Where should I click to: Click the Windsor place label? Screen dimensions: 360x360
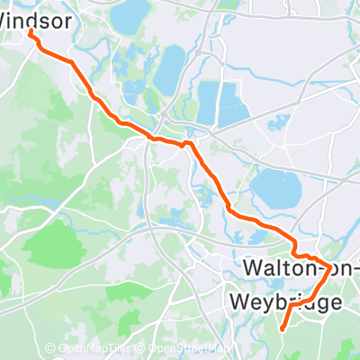(36, 17)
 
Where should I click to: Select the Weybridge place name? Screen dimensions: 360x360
(286, 301)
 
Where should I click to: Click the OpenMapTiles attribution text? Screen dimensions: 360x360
(103, 348)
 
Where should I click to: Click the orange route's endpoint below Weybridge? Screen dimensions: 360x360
(282, 329)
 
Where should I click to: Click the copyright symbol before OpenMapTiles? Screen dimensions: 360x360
(51, 348)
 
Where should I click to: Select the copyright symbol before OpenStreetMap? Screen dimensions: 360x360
(142, 348)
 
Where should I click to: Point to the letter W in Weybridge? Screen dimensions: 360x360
(239, 301)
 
